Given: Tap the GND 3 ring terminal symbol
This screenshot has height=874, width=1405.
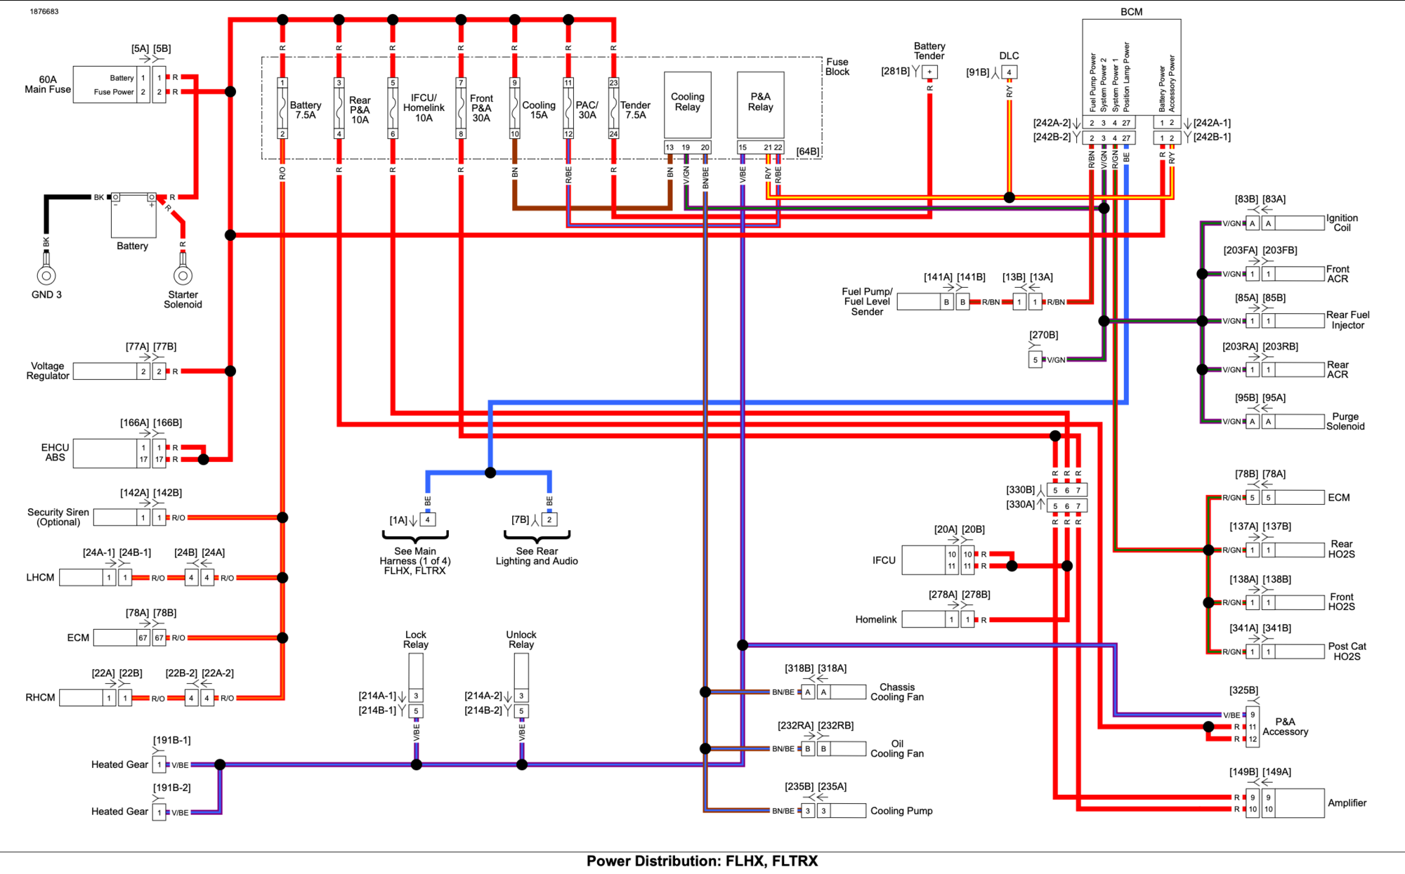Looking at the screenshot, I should [x=46, y=275].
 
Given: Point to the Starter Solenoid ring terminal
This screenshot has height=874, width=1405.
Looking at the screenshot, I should [x=183, y=275].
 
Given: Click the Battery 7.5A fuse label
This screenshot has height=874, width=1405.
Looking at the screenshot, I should [x=306, y=110].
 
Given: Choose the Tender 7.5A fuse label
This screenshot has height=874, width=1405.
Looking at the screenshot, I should [x=635, y=110].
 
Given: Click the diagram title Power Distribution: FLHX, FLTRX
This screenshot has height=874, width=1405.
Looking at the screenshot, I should [x=702, y=861].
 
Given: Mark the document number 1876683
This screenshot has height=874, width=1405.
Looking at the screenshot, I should [x=44, y=12].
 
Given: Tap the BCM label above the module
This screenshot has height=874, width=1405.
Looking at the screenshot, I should [x=1131, y=12].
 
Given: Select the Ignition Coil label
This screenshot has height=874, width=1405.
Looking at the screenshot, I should [x=1342, y=223].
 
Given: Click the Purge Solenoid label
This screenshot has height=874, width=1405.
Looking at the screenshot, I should [x=1345, y=421].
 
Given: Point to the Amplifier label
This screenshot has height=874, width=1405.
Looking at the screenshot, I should [x=1347, y=803].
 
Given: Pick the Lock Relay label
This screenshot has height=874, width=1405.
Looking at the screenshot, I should [x=416, y=640].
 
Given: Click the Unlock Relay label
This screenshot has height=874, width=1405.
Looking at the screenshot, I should [x=521, y=640].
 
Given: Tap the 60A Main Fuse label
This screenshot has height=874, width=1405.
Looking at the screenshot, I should [x=48, y=84].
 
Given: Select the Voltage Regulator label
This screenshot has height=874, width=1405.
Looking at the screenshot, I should [x=48, y=371].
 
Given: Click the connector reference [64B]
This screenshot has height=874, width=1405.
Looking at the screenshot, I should [x=808, y=152].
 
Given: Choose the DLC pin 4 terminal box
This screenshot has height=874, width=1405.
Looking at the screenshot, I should [x=1009, y=72].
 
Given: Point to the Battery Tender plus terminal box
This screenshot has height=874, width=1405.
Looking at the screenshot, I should [x=929, y=72].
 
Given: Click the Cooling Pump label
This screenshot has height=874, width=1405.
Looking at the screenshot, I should [x=901, y=811].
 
